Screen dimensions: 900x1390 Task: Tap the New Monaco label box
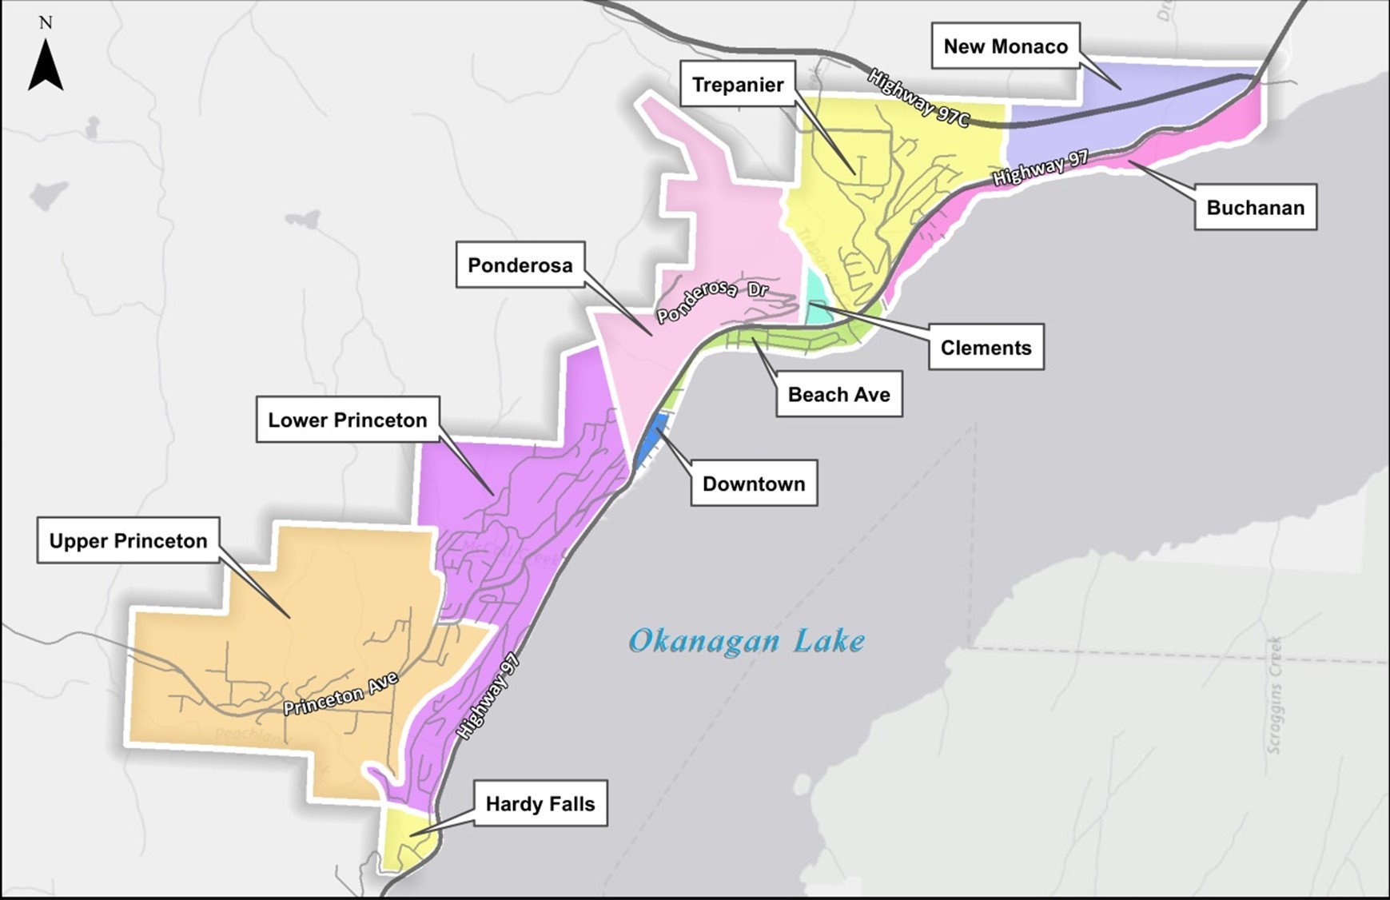coord(1006,46)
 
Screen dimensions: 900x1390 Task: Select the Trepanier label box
coord(737,84)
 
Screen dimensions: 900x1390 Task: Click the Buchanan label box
coord(1255,208)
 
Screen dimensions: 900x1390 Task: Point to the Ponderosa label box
coord(520,265)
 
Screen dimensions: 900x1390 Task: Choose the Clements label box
coord(986,348)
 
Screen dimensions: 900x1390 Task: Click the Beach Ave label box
coord(838,394)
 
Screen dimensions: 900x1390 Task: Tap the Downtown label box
coord(753,484)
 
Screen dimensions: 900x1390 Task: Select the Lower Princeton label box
coord(347,420)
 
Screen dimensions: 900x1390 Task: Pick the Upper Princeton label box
coord(128,541)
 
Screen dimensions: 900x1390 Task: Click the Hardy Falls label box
coord(540,803)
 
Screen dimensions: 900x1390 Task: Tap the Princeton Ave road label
coord(341,695)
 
